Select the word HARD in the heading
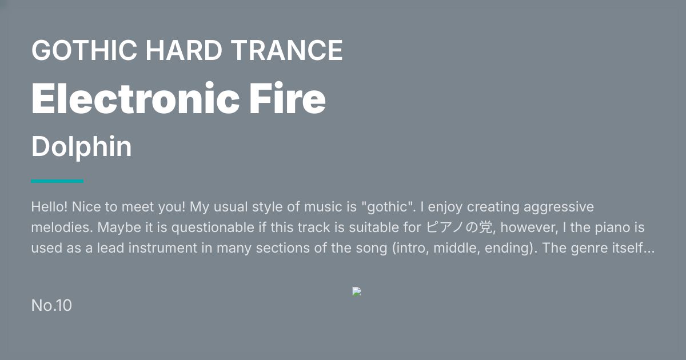(x=184, y=50)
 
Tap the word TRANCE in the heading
(x=286, y=50)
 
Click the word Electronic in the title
(x=135, y=98)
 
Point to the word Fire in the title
(x=287, y=98)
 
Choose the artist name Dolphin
(x=81, y=147)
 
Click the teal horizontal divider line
(x=57, y=181)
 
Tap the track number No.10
(x=51, y=306)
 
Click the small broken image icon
(x=357, y=291)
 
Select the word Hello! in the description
(x=49, y=207)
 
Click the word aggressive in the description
(x=559, y=207)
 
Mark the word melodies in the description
(x=62, y=227)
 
